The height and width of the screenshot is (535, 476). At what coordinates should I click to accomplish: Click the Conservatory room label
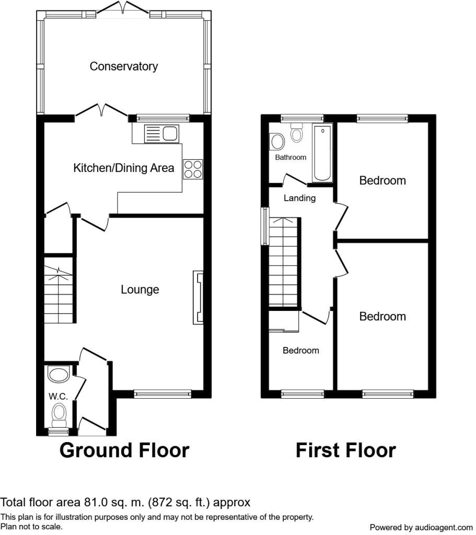tap(123, 66)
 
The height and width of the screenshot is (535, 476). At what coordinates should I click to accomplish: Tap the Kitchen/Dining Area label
tap(123, 168)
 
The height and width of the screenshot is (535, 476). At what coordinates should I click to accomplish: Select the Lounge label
tap(140, 289)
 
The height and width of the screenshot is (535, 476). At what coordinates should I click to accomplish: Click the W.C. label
tap(58, 396)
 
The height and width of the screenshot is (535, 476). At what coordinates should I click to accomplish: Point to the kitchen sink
tap(161, 133)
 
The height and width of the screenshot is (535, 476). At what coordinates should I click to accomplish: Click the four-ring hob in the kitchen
tap(193, 169)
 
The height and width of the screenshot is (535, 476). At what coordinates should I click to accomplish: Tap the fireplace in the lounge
tap(198, 297)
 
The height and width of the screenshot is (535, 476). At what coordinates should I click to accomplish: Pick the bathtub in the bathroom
tap(322, 153)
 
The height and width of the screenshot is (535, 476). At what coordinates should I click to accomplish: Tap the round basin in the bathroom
tap(277, 141)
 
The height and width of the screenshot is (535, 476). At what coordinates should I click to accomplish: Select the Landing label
tap(299, 198)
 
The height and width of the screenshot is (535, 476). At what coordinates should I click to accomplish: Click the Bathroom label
tap(291, 157)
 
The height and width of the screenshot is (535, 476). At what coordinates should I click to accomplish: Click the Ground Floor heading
tap(124, 450)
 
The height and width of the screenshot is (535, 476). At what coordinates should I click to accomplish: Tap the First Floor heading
tap(346, 450)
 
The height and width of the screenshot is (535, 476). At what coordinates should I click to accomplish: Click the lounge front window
tap(162, 394)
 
